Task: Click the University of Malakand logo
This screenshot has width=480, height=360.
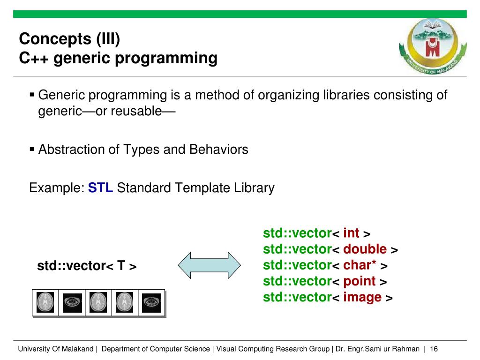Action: pos(433,46)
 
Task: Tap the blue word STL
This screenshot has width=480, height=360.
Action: pos(100,187)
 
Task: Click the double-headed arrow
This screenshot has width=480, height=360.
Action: pos(210,265)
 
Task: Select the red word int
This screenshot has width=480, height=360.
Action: pos(351,233)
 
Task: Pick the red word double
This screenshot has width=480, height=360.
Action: pos(365,249)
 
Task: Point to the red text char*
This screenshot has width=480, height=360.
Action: pos(360,265)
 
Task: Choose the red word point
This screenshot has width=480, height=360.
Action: pos(360,281)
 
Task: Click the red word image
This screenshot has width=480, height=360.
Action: pos(362,297)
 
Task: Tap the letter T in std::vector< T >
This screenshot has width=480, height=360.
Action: pos(121,265)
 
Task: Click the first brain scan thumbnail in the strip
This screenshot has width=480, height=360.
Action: pos(45,302)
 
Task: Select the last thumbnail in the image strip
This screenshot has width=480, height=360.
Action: pos(152,303)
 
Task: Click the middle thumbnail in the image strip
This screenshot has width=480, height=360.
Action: pos(98,302)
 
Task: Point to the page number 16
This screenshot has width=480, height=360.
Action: pos(434,349)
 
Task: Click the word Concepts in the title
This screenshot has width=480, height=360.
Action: pos(55,39)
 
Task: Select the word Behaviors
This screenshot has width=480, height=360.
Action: pos(218,150)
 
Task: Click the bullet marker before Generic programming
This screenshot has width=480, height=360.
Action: pos(31,95)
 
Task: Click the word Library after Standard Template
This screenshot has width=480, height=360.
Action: pos(254,188)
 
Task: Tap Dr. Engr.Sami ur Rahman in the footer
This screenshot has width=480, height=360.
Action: pos(377,349)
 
